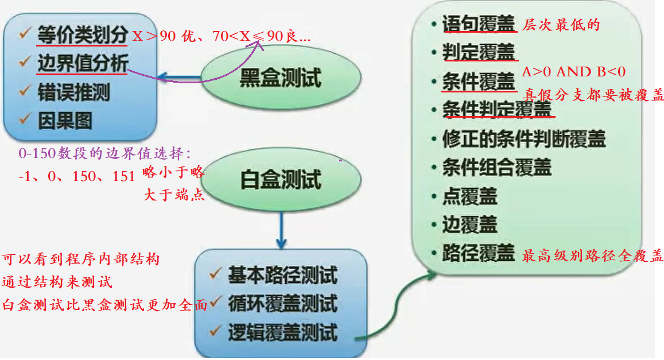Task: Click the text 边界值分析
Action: [82, 63]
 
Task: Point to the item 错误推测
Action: [73, 92]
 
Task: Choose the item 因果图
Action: [65, 121]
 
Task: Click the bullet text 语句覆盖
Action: [479, 25]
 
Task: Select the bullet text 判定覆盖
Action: [479, 53]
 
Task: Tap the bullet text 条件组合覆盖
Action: [496, 168]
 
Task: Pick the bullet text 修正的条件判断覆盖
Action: [523, 139]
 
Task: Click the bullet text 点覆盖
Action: [469, 196]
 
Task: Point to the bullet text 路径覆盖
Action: [479, 253]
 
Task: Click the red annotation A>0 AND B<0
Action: [573, 72]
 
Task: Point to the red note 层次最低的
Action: [561, 25]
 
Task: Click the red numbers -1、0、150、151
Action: [76, 176]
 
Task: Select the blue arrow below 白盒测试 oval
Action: [281, 229]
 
